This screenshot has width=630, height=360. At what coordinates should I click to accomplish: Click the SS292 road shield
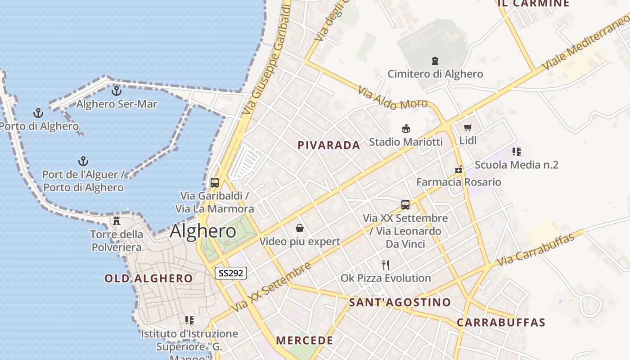point(231,273)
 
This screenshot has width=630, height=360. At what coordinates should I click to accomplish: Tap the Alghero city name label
point(203,231)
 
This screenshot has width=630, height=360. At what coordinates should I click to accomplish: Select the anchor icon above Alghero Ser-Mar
point(117,91)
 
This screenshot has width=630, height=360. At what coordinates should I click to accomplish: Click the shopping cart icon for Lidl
point(468,128)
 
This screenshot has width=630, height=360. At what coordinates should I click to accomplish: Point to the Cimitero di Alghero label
point(435,74)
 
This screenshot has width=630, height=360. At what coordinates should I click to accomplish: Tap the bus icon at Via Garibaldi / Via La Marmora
point(215,183)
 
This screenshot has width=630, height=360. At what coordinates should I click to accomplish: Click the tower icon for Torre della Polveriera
point(117,221)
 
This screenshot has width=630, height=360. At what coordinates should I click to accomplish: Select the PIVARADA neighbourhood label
point(329,145)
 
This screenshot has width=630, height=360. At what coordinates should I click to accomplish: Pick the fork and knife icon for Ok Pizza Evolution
point(385,265)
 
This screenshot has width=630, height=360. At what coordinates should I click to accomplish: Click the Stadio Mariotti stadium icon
point(406,129)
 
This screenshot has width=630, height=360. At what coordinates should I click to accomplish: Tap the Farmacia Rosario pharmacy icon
point(459,170)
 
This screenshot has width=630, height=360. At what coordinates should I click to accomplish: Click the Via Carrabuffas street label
point(535,250)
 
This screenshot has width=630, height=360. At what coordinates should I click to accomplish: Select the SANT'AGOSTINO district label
point(400,302)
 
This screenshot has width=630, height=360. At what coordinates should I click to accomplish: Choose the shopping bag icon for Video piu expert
point(300,229)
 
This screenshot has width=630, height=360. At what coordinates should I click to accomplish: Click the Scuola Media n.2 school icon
point(516,152)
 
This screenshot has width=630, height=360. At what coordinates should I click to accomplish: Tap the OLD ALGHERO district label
point(148,279)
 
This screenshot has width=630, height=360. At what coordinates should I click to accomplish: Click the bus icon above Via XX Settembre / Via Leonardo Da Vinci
point(405,205)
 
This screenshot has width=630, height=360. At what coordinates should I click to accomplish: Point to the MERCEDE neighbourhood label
point(305,341)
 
